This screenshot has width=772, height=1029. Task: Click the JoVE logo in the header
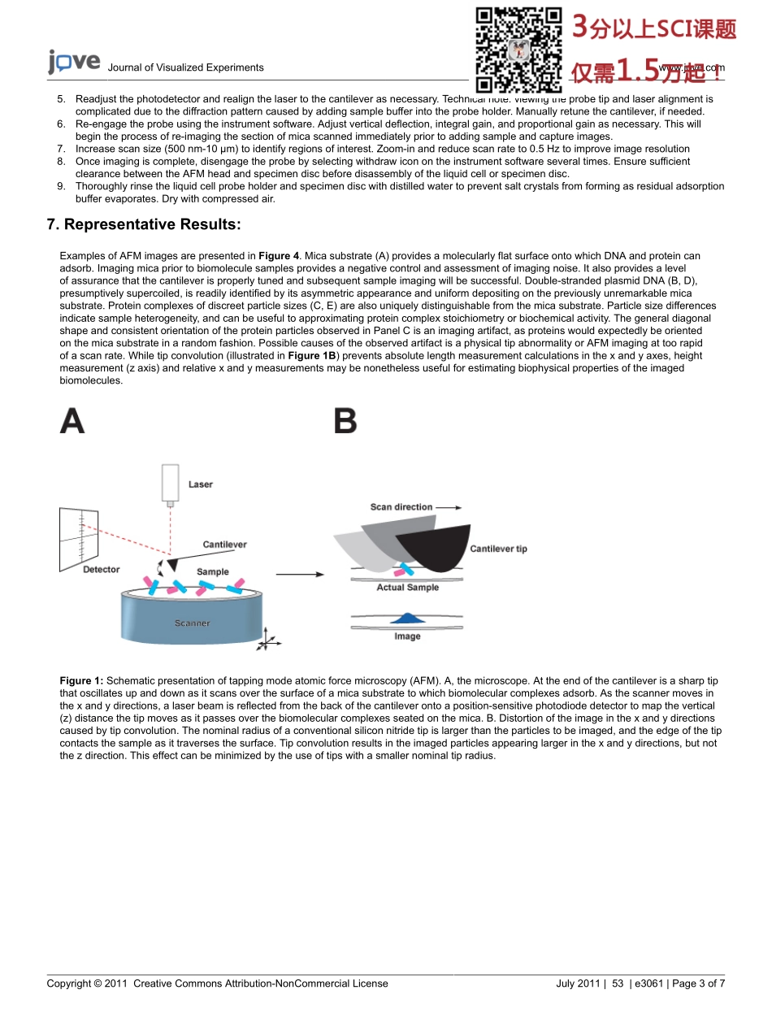tap(74, 63)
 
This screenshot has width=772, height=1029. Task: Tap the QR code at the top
tap(518, 50)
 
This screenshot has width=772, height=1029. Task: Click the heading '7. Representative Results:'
tap(144, 224)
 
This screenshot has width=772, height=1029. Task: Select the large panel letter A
tap(72, 421)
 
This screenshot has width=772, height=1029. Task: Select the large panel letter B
tap(345, 421)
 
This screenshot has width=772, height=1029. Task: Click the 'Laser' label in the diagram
tap(201, 484)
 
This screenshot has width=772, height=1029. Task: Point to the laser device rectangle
tap(170, 483)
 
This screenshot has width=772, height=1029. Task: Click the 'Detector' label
tap(102, 570)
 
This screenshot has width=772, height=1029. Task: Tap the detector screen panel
tap(79, 538)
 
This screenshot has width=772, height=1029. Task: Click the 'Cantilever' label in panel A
tap(224, 545)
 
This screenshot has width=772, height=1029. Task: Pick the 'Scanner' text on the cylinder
tap(192, 623)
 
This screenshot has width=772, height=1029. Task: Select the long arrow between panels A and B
tap(300, 575)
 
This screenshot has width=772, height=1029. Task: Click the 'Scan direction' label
tap(401, 507)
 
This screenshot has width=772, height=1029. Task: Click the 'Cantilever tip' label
tap(498, 549)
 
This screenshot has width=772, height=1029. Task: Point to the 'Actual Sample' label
tap(407, 588)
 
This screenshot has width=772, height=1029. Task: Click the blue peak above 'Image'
tap(409, 619)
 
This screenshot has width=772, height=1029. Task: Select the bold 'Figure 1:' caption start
tap(81, 681)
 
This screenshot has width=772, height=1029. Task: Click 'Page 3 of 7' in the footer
tap(699, 983)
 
